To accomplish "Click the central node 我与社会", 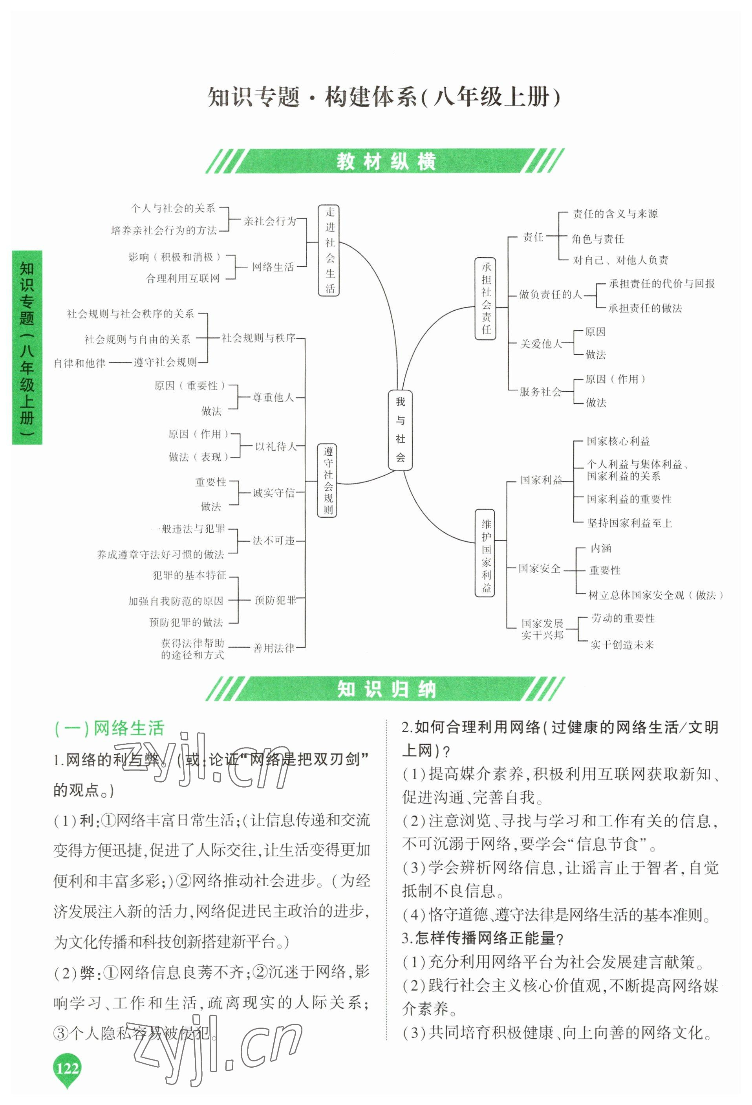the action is tap(400, 430).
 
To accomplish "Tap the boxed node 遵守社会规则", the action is tap(328, 480).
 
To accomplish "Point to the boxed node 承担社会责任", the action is tap(486, 298).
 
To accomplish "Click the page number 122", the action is tap(67, 1069).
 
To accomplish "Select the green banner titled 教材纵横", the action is tap(385, 161).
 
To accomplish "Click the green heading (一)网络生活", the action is tap(109, 728).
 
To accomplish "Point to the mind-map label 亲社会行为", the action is tap(269, 221).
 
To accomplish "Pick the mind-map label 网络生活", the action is tap(273, 267).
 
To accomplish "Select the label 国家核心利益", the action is tap(618, 441).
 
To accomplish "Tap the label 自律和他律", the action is tap(79, 363).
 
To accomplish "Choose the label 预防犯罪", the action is tap(275, 600).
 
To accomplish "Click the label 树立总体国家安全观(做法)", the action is tap(655, 595).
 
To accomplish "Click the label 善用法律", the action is tap(274, 648).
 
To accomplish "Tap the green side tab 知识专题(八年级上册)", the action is tap(27, 348).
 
